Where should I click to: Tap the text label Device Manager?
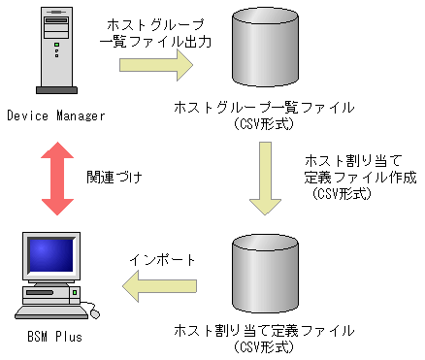[x=54, y=116]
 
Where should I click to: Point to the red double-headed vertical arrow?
[x=55, y=176]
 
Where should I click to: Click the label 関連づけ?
[x=115, y=177]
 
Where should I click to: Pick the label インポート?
[x=163, y=260]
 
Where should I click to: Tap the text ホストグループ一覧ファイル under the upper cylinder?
[x=264, y=107]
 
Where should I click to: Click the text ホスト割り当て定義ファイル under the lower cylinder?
[x=264, y=331]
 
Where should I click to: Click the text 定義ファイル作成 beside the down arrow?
[x=360, y=177]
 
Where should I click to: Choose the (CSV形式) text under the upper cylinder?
[x=264, y=123]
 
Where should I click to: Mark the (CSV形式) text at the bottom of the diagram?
[x=264, y=346]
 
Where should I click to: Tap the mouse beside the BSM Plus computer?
[x=94, y=311]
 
